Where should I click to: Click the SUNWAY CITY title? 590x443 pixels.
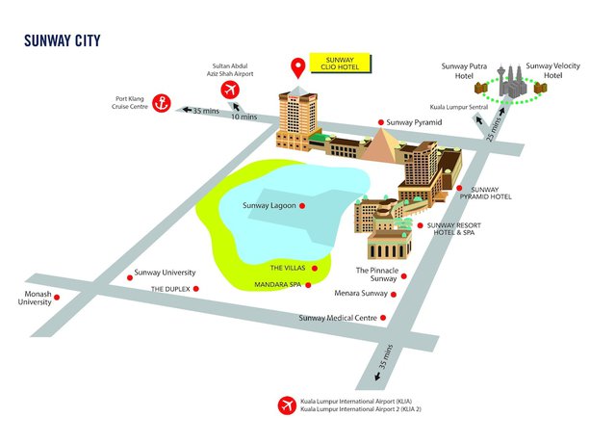pyautogui.click(x=62, y=40)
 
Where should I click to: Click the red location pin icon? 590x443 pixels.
pyautogui.click(x=299, y=68)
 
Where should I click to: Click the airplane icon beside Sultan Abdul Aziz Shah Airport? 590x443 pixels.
pyautogui.click(x=230, y=90)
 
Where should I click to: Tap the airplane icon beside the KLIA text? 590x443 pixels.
pyautogui.click(x=286, y=405)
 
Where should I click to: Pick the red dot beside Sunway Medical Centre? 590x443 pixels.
pyautogui.click(x=384, y=318)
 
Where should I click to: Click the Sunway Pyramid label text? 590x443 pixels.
pyautogui.click(x=416, y=123)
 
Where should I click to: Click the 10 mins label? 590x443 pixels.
pyautogui.click(x=244, y=117)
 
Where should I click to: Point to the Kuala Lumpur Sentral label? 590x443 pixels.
pyautogui.click(x=461, y=107)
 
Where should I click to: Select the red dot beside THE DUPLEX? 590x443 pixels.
pyautogui.click(x=196, y=288)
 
